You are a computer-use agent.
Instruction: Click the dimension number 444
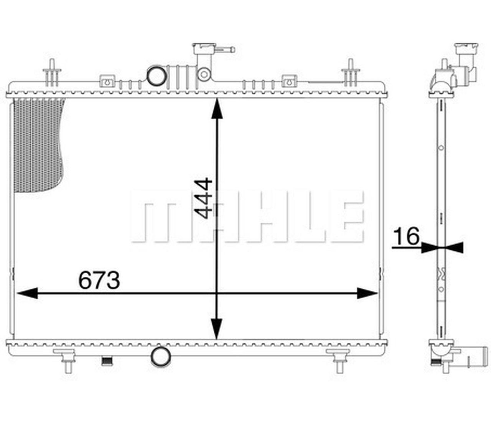pos(203,198)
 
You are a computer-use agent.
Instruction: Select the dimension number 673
pos(99,280)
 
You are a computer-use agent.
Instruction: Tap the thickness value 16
pos(407,236)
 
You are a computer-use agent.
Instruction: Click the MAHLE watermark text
pos(247,217)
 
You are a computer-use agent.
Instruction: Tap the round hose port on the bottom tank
pos(160,357)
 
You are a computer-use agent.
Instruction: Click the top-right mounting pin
pos(350,73)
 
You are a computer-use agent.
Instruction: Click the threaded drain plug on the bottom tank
pos(106,360)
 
